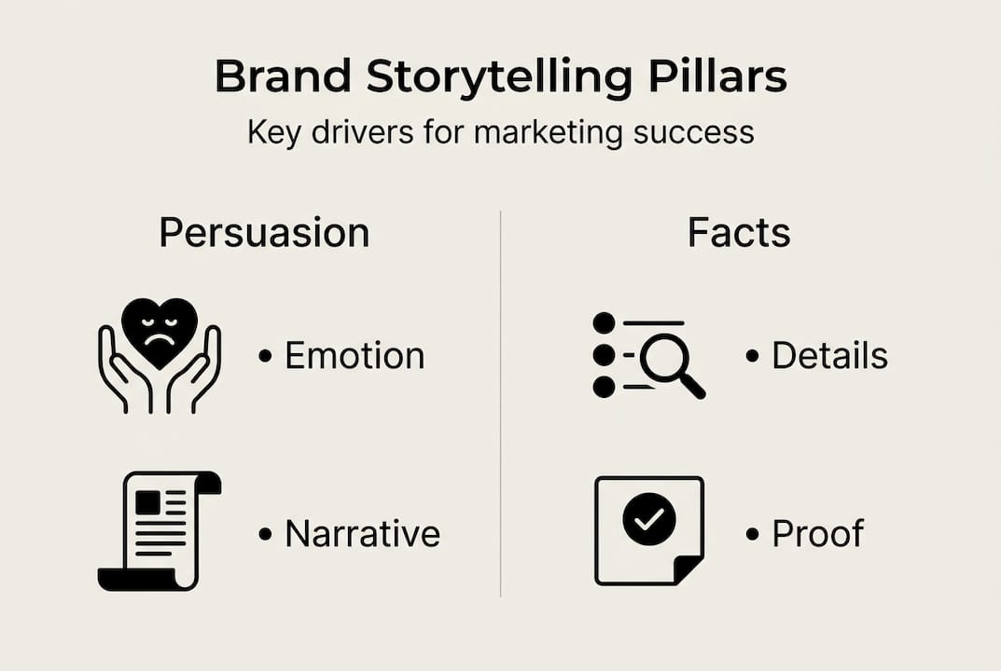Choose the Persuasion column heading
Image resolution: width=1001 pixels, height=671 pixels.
click(x=264, y=233)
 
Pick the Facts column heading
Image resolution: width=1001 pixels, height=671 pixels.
click(x=739, y=233)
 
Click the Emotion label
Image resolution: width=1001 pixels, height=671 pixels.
click(x=354, y=356)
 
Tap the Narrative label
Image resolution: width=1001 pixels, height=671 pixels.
click(x=362, y=534)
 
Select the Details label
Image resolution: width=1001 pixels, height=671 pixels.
click(x=829, y=356)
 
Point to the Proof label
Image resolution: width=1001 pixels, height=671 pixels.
click(x=817, y=534)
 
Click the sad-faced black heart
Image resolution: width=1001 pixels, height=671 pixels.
click(x=160, y=332)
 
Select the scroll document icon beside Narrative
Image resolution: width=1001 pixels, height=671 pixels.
click(x=159, y=530)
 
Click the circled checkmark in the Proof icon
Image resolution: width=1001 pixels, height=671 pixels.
click(x=649, y=520)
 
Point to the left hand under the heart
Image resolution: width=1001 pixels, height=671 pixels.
click(x=118, y=373)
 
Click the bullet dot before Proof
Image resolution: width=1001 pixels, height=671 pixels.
click(x=753, y=534)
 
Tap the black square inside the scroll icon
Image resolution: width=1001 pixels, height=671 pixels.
click(x=147, y=503)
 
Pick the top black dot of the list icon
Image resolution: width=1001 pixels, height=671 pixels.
click(x=604, y=322)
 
